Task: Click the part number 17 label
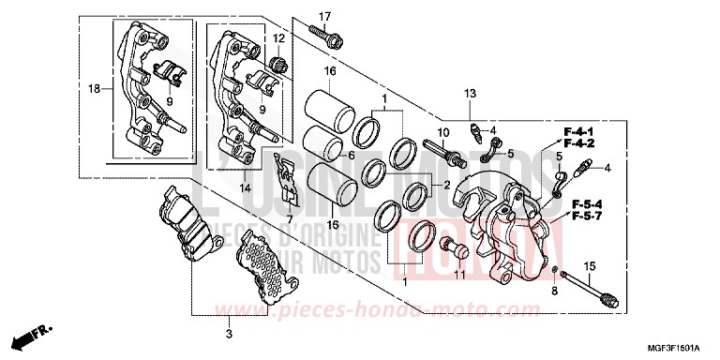(x=325, y=17)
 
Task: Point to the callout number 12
(x=278, y=37)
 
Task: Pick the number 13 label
(x=470, y=92)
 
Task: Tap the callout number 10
(x=444, y=131)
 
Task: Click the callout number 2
(x=447, y=185)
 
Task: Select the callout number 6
(x=351, y=156)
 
